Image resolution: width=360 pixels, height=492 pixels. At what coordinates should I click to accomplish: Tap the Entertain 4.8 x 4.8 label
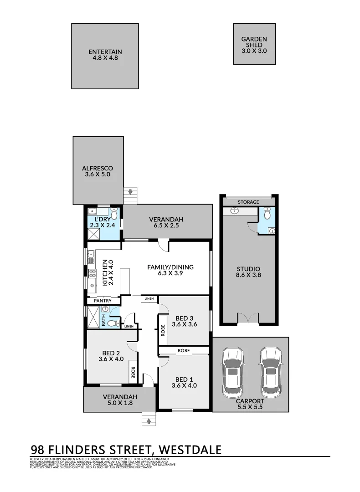[x=105, y=55]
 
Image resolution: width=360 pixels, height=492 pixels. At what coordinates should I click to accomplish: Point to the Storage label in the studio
[x=248, y=202]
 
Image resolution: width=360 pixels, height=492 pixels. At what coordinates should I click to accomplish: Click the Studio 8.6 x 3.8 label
[x=248, y=272]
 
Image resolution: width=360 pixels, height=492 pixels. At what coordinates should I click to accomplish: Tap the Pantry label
[x=103, y=301]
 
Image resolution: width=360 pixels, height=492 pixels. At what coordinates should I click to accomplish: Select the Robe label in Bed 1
[x=184, y=351]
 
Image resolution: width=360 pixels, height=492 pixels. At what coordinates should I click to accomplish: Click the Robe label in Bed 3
[x=163, y=329]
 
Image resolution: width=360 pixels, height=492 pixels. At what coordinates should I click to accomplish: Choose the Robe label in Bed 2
[x=133, y=373]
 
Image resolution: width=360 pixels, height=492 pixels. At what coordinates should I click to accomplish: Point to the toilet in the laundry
[x=114, y=213]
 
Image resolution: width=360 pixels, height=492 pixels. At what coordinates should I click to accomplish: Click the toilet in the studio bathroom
[x=267, y=213]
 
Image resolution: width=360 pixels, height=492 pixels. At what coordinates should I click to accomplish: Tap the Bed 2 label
[x=111, y=356]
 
